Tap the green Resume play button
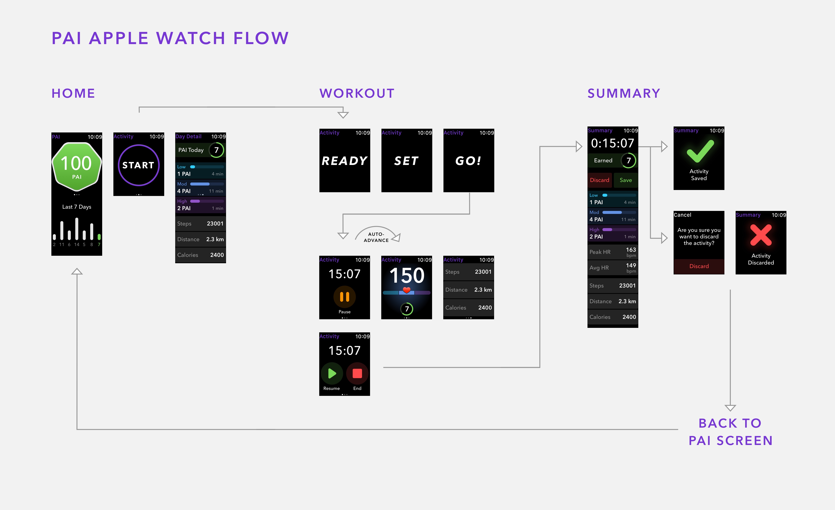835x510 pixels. [332, 373]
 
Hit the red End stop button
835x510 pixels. [357, 373]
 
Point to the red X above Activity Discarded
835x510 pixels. [761, 235]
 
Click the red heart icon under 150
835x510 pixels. [407, 290]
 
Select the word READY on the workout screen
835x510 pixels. [344, 161]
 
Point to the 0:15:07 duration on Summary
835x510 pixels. [612, 143]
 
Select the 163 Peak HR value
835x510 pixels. [631, 250]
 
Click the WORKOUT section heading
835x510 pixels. [357, 93]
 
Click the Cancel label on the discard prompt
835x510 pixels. [682, 215]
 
